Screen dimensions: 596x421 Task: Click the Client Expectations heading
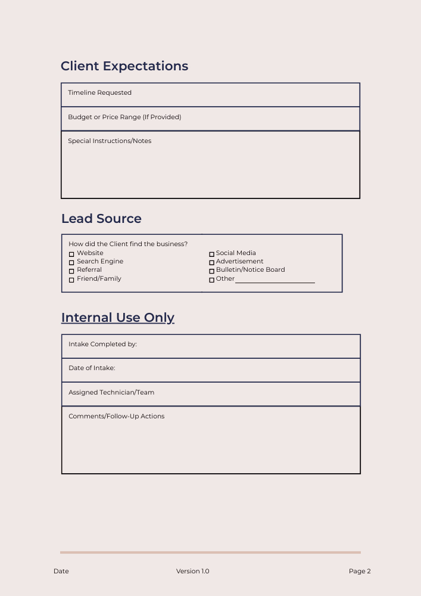124,66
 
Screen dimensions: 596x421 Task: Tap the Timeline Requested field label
99,93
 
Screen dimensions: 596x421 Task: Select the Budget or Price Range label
124,117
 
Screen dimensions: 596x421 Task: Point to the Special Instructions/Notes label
110,141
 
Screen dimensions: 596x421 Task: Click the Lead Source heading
101,219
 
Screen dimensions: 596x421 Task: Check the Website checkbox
71,254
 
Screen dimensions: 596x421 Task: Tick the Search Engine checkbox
71,263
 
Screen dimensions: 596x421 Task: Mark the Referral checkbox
71,271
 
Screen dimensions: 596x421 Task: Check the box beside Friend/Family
71,280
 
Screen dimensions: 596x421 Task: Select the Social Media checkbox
211,254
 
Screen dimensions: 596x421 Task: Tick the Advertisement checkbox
211,263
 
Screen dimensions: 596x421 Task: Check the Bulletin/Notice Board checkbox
211,271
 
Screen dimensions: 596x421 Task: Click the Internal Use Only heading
118,318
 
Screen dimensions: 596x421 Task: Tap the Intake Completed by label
102,344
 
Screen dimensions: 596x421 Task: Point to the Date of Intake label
92,368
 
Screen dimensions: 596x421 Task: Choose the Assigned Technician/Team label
111,393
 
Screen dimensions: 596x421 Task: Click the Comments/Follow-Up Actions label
116,417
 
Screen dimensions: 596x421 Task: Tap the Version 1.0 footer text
192,572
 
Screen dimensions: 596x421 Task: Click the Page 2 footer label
360,572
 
